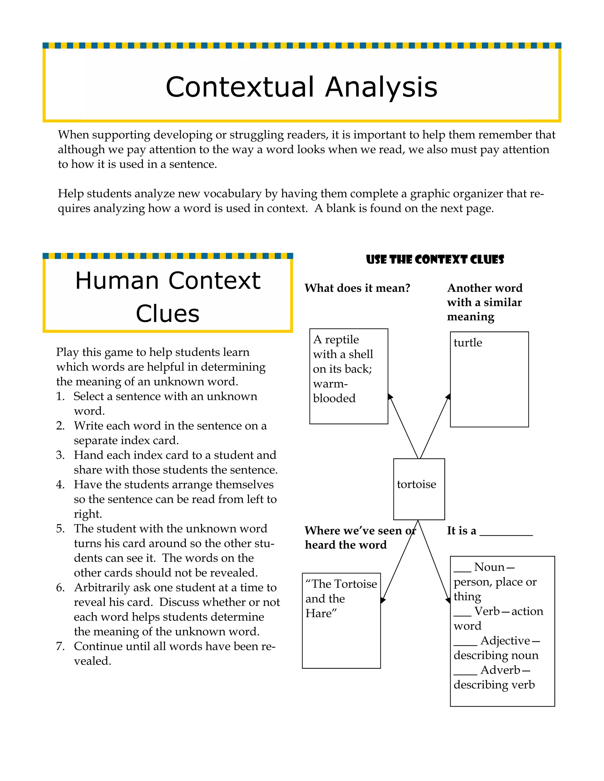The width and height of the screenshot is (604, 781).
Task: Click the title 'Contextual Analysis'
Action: (x=301, y=87)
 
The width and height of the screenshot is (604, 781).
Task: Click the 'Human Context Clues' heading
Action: (x=168, y=296)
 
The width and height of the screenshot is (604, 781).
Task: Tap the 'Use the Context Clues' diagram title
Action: (x=435, y=259)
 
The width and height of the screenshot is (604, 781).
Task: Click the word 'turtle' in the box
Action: (x=467, y=342)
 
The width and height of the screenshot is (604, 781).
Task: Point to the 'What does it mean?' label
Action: (x=357, y=288)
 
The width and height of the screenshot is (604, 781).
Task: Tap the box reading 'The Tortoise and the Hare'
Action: (x=341, y=620)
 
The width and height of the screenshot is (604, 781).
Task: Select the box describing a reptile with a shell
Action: (x=349, y=376)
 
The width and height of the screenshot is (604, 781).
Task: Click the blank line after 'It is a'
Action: (x=506, y=535)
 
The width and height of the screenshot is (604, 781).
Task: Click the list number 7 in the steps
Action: (x=60, y=646)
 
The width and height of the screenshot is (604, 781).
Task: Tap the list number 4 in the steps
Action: (x=60, y=485)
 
